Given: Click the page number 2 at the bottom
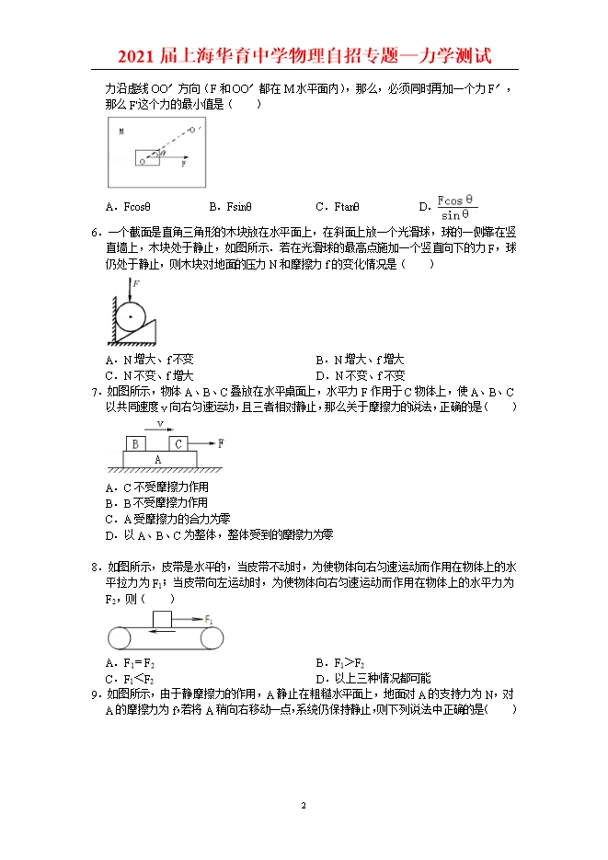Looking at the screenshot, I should [x=304, y=806].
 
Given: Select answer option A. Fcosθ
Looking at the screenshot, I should [x=128, y=208].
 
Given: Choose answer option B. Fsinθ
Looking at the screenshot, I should [x=231, y=208].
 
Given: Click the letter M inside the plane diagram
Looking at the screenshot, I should [x=120, y=132].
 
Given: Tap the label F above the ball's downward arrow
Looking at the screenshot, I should [x=136, y=284].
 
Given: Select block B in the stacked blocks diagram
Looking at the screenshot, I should [x=135, y=443].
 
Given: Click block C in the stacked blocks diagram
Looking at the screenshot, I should [x=179, y=443].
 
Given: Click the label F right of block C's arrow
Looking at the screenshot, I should [x=221, y=442].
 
